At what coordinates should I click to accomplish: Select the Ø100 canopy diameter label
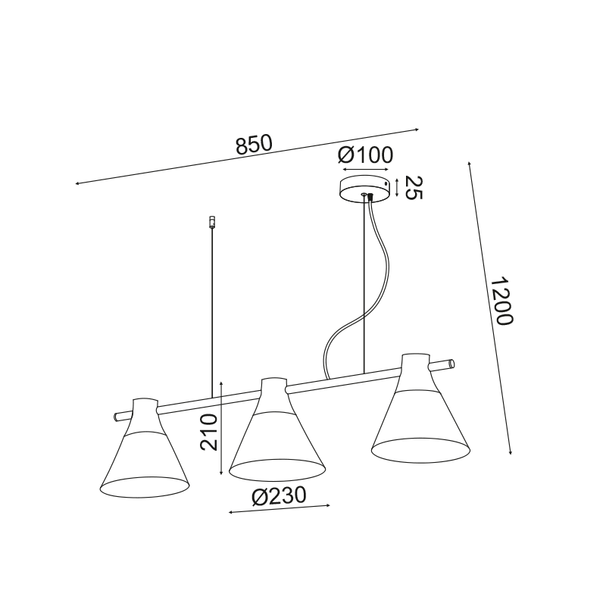[365, 155]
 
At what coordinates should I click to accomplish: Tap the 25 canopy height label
[413, 188]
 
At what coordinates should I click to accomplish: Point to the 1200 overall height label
[501, 301]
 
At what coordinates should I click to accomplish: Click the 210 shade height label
[209, 432]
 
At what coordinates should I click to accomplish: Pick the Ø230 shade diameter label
[279, 495]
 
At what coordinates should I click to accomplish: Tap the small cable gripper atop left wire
[211, 222]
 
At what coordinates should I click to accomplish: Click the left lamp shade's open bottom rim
[144, 486]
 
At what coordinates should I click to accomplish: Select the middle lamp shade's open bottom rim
[276, 469]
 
